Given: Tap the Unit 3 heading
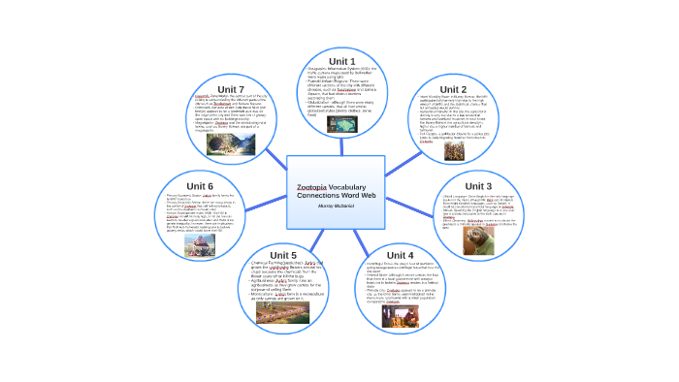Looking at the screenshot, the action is coord(478,185).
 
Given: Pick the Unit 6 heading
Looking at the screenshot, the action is coord(199,185).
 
